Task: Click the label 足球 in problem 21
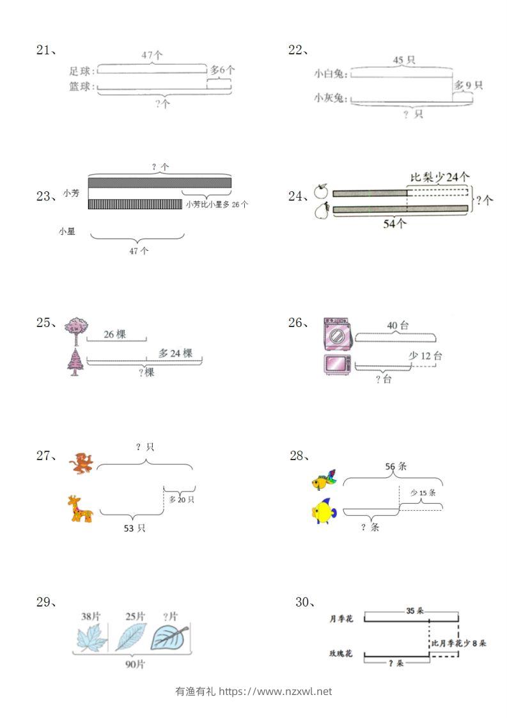[x=82, y=70]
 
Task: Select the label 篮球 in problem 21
[x=82, y=86]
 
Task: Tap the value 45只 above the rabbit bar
[x=403, y=60]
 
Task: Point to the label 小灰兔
[x=330, y=98]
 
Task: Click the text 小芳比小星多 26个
[x=217, y=204]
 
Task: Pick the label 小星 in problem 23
[x=66, y=232]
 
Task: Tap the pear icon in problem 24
[x=321, y=211]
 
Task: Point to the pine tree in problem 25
[x=75, y=362]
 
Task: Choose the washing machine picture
[x=337, y=333]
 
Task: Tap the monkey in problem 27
[x=82, y=463]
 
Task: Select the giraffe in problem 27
[x=81, y=509]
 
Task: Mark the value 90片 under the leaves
[x=135, y=664]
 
